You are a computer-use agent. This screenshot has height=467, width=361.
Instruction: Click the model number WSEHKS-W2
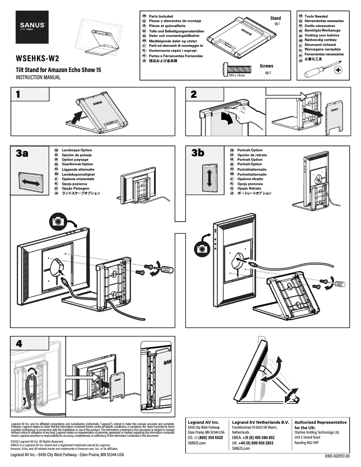pos(37,59)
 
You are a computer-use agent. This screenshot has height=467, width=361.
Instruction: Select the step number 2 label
pos(194,95)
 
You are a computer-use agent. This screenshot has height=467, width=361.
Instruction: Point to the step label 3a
pos(22,154)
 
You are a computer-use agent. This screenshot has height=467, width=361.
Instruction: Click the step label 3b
pos(198,154)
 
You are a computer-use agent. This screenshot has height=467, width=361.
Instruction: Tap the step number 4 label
pos(18,343)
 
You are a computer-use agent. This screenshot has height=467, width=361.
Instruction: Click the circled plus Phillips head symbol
pos(338,70)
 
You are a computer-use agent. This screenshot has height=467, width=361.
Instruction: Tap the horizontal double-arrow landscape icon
pos(30,182)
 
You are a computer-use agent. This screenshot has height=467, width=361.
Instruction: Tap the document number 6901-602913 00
pos(333,456)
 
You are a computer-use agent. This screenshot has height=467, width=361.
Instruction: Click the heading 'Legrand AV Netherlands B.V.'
pos(260,422)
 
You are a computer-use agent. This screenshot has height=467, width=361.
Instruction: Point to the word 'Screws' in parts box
pos(266,66)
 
